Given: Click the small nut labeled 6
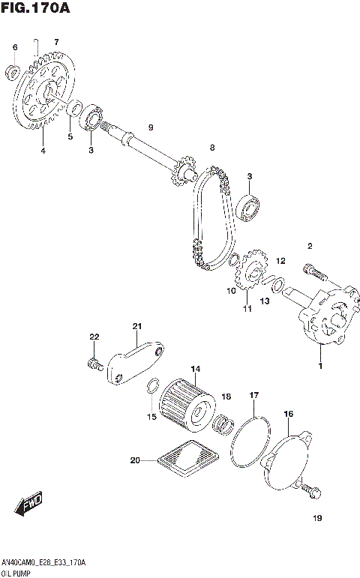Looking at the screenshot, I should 12,72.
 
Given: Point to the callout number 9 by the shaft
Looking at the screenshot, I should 150,128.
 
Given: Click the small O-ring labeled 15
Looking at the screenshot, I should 151,388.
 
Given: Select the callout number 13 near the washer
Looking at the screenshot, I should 265,301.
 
